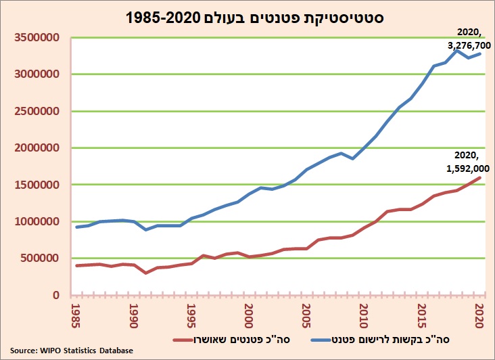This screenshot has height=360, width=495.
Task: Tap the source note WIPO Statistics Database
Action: coord(71,351)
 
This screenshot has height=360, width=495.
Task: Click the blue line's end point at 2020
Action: coord(480,53)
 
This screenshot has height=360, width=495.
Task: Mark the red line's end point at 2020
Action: coord(480,178)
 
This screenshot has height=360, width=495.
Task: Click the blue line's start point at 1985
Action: coord(77,227)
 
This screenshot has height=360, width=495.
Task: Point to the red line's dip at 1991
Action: coord(146,273)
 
